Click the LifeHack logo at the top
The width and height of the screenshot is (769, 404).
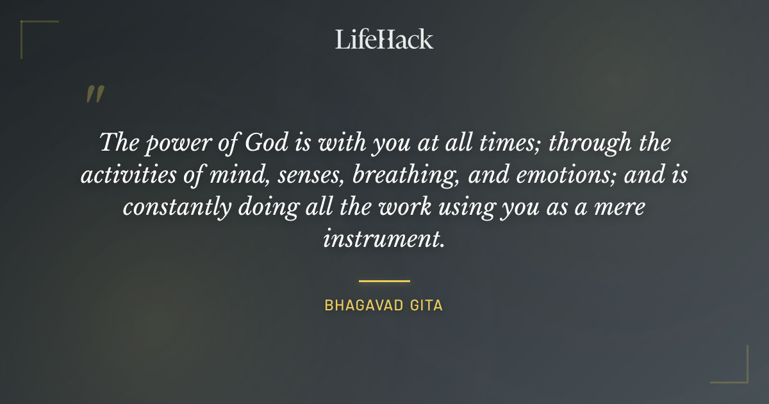(384, 39)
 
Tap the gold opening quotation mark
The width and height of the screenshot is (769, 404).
(94, 95)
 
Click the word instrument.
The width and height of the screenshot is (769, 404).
(383, 239)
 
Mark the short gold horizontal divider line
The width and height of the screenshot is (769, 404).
(384, 281)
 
